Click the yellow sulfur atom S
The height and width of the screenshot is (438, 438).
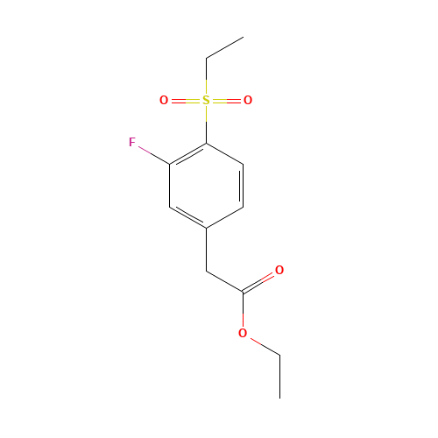pos(206,101)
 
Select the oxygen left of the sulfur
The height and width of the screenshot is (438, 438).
pos(164,101)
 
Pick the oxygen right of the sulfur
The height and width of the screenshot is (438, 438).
pos(248,101)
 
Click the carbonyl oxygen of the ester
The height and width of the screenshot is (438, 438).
pos(279,271)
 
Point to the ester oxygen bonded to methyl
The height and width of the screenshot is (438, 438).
pos(243,334)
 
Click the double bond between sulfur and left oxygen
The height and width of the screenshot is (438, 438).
pos(185,101)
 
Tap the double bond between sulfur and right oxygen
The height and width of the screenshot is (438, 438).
pos(227,101)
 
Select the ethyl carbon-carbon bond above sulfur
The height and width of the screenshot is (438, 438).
pos(224,48)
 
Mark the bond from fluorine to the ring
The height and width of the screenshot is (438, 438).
pos(152,153)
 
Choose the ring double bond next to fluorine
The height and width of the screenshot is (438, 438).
pos(187,153)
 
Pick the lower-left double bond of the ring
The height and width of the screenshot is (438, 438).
pos(187,217)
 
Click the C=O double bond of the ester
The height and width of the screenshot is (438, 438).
pos(260,281)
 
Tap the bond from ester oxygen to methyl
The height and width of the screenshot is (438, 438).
pos(262,344)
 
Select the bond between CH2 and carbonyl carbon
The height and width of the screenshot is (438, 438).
pos(224,281)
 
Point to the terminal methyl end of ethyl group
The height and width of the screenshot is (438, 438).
pos(243,38)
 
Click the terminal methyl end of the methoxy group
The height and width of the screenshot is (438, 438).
pos(279,355)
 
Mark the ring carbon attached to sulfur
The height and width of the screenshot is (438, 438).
pos(206,143)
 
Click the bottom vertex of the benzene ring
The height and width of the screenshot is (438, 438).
pos(206,228)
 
